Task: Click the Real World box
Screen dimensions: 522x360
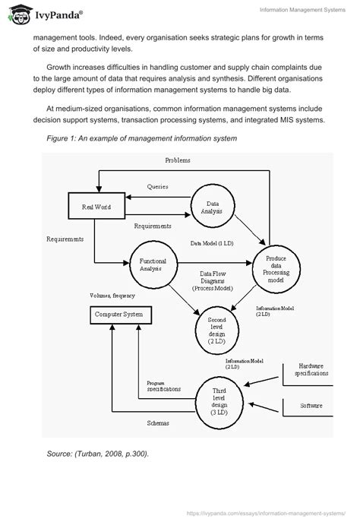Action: click(92, 206)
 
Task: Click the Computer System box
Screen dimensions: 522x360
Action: click(118, 314)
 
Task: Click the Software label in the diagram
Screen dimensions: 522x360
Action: click(311, 406)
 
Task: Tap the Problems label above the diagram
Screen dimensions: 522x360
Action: click(177, 160)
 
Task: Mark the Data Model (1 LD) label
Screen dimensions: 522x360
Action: click(213, 243)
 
